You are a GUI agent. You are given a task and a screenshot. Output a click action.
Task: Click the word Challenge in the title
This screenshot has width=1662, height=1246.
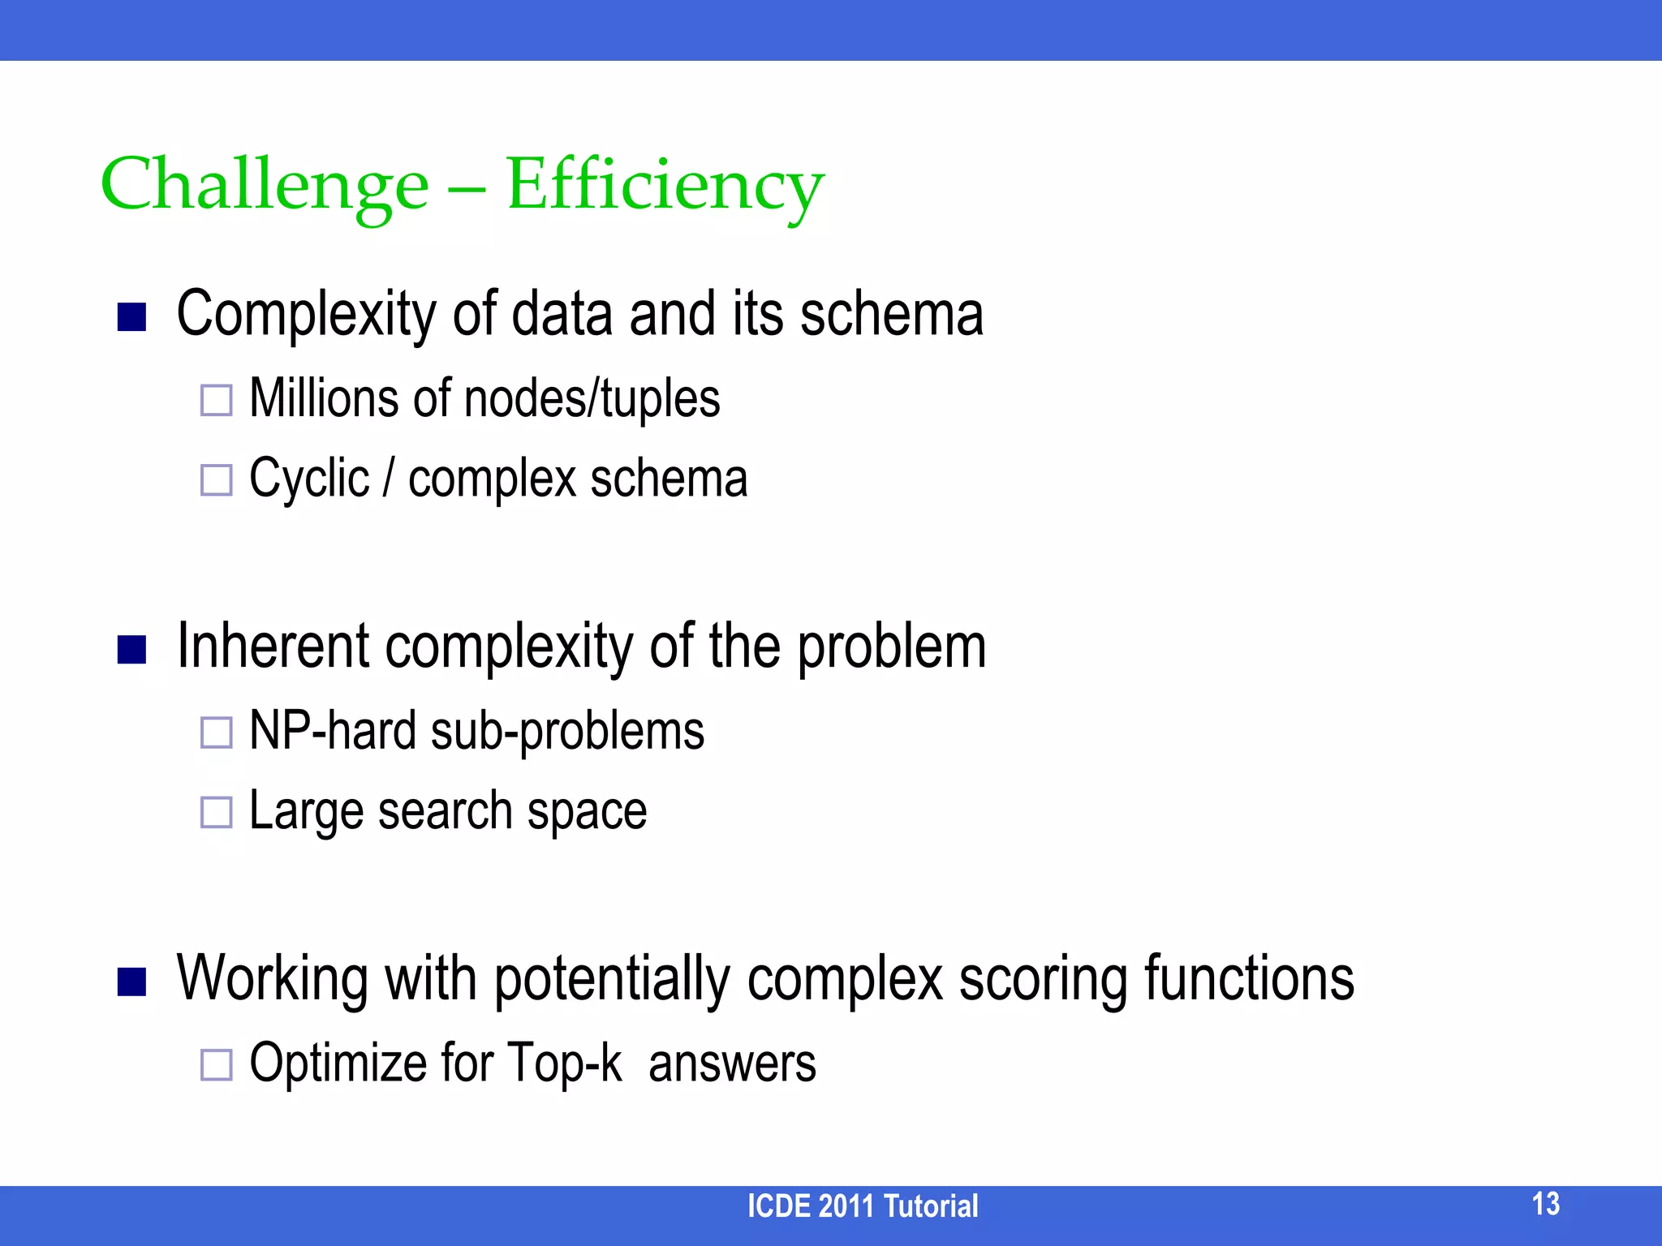265,185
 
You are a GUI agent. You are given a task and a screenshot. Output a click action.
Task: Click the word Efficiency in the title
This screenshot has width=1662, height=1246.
665,185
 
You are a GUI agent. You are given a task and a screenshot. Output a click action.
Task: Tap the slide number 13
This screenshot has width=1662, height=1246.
1545,1204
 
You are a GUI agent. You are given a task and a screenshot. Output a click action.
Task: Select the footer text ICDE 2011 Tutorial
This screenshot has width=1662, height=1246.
862,1206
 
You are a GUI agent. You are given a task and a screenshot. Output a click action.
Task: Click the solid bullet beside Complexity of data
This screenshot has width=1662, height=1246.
131,317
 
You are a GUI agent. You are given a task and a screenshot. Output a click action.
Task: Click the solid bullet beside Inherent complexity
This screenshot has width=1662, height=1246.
131,650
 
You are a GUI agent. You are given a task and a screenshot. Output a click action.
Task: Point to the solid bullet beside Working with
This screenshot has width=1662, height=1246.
131,982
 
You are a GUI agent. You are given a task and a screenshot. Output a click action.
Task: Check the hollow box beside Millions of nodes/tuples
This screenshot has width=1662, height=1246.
217,400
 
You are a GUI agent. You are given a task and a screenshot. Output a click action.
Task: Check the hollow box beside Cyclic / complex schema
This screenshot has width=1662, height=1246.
217,480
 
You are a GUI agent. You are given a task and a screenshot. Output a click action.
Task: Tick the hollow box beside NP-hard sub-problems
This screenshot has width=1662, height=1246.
217,733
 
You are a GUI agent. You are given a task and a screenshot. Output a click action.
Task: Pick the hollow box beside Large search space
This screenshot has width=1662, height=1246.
217,812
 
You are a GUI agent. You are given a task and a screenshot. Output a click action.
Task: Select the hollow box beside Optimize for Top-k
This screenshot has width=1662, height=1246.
217,1064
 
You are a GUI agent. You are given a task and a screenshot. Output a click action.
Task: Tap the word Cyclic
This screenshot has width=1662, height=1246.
309,479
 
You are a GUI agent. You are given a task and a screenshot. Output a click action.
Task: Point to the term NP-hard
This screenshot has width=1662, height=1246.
333,731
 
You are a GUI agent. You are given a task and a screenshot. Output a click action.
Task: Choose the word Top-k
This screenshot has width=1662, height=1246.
565,1063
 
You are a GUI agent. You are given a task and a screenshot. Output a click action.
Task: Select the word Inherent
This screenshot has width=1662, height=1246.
273,647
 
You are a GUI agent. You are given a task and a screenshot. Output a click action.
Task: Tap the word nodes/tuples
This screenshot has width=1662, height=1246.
592,398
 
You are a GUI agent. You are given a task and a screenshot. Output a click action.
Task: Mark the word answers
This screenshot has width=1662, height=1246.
732,1064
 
